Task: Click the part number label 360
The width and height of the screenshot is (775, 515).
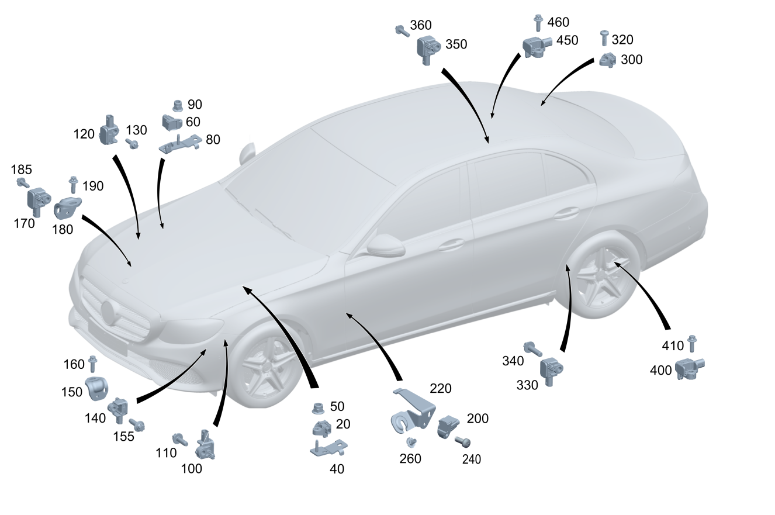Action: coord(421,25)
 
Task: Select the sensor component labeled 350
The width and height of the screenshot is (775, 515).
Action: coord(428,48)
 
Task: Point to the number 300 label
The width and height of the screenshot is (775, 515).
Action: coord(631,60)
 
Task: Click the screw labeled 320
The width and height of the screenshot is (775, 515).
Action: coord(604,38)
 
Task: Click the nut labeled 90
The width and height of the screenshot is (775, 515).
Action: coord(176,106)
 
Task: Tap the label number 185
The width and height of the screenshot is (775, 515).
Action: coord(22,170)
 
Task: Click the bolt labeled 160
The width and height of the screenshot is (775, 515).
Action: coord(92,364)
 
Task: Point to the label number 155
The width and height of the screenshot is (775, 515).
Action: coord(123,436)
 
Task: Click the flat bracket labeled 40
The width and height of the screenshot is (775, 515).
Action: coord(328,448)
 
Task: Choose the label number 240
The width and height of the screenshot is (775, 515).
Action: coord(471,460)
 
